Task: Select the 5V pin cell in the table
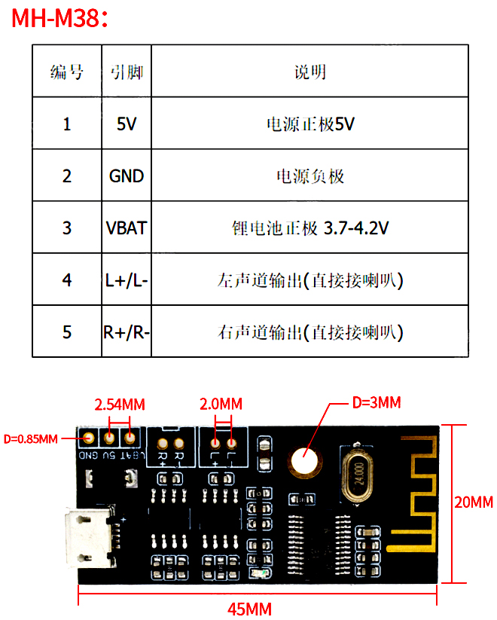(127, 124)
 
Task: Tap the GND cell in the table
(127, 176)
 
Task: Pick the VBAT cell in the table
(127, 228)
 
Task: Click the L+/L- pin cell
(127, 280)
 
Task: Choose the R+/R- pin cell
(127, 331)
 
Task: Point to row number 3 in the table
(67, 228)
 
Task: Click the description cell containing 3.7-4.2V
(310, 228)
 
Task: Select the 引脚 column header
(127, 72)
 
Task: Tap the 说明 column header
(310, 72)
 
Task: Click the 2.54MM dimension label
(119, 404)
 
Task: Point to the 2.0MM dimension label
(221, 404)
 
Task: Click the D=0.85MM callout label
(30, 438)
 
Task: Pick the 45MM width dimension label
(250, 608)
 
